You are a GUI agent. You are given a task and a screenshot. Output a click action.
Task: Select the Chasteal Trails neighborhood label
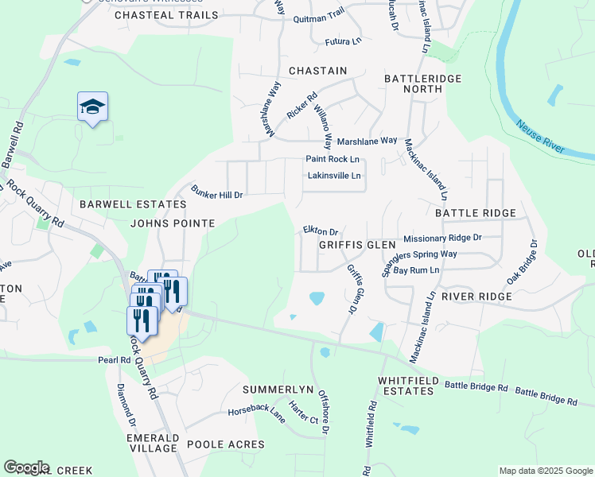pos(166,15)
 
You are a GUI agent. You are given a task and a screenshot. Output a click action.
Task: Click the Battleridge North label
pos(413,83)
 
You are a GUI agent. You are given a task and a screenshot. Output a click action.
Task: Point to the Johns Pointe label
pos(173,224)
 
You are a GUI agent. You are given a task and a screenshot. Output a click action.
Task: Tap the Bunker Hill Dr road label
pos(216,192)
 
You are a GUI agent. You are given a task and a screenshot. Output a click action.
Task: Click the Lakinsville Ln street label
pos(334,176)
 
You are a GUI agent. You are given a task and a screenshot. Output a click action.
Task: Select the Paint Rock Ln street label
pos(332,159)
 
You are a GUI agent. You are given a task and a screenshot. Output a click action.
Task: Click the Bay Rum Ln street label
pos(416,270)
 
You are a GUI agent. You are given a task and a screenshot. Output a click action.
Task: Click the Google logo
pos(26,467)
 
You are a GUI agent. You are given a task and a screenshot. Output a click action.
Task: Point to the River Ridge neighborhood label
pos(476,296)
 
